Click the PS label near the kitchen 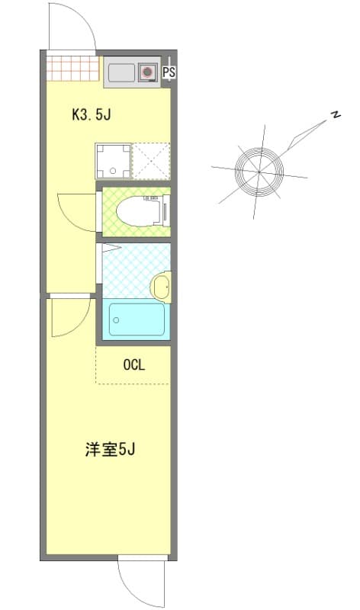click(x=169, y=73)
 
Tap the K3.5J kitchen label click(x=92, y=115)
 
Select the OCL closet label click(x=133, y=365)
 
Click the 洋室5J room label click(x=110, y=449)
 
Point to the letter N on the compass click(x=334, y=115)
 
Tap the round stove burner click(x=146, y=73)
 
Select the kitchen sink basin click(x=121, y=73)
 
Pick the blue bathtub click(x=137, y=319)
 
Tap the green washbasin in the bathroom click(x=161, y=287)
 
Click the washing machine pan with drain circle click(x=113, y=161)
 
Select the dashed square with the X click(x=151, y=161)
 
